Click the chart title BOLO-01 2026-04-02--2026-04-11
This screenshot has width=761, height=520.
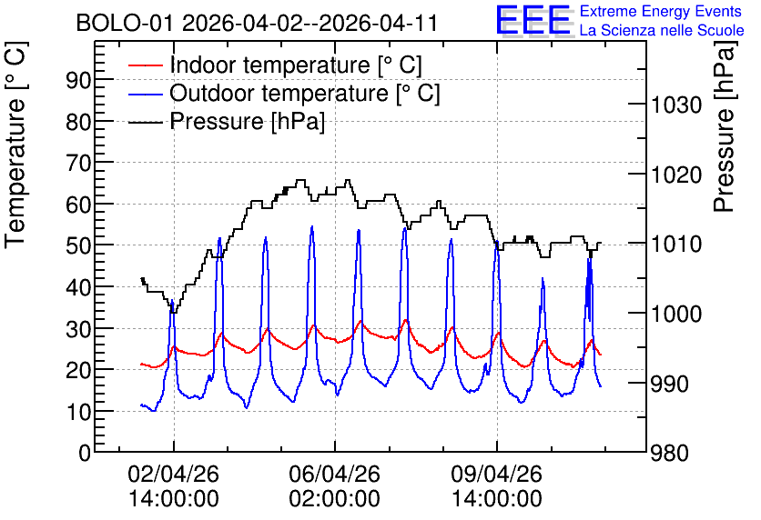(x=257, y=24)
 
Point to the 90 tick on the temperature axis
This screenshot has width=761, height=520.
(x=78, y=80)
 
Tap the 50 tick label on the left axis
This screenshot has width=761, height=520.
(x=78, y=245)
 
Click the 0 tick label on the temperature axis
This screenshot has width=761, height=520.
(x=85, y=453)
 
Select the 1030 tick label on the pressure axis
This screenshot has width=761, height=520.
(x=676, y=105)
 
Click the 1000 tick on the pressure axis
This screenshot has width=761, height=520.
(x=676, y=314)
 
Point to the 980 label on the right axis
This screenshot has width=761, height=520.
(x=670, y=454)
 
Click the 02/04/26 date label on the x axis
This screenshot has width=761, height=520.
(x=173, y=474)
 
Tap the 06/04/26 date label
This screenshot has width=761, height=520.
(x=334, y=474)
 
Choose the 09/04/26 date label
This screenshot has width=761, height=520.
(x=496, y=474)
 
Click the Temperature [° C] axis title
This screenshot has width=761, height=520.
(x=15, y=145)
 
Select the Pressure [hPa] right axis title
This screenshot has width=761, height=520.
(x=725, y=126)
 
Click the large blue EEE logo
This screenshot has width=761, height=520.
(x=533, y=20)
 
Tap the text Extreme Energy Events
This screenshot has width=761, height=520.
(x=661, y=11)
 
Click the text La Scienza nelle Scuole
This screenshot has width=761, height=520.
(x=662, y=30)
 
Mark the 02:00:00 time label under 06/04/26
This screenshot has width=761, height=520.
(x=334, y=499)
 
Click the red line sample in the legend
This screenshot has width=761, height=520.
(x=145, y=65)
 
